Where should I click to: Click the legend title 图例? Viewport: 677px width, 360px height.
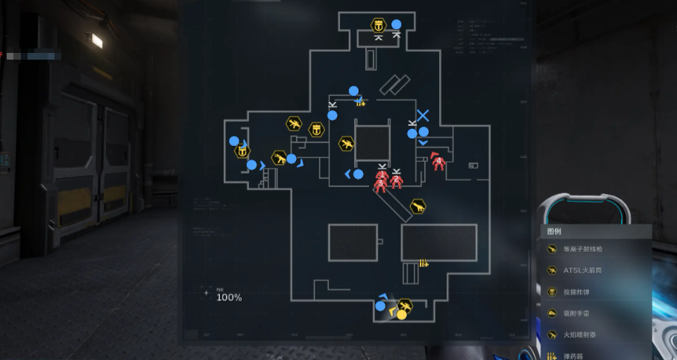click(554, 231)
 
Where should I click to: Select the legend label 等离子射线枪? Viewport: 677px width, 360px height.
click(585, 249)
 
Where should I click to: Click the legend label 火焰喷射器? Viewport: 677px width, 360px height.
click(580, 335)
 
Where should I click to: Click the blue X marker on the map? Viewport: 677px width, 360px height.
click(423, 116)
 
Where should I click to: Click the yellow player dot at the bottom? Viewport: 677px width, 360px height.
click(401, 315)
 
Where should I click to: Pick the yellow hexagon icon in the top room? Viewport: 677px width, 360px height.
click(379, 25)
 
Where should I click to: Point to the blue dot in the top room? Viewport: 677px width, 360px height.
click(397, 24)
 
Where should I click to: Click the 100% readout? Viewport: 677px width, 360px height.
click(229, 297)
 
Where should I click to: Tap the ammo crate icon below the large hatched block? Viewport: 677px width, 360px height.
click(423, 263)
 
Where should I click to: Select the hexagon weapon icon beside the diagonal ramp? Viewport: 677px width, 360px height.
click(418, 206)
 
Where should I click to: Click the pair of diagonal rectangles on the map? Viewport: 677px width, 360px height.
click(394, 84)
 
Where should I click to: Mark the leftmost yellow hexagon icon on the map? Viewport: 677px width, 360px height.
click(242, 151)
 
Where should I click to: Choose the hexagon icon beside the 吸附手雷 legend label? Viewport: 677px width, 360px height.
click(552, 314)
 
